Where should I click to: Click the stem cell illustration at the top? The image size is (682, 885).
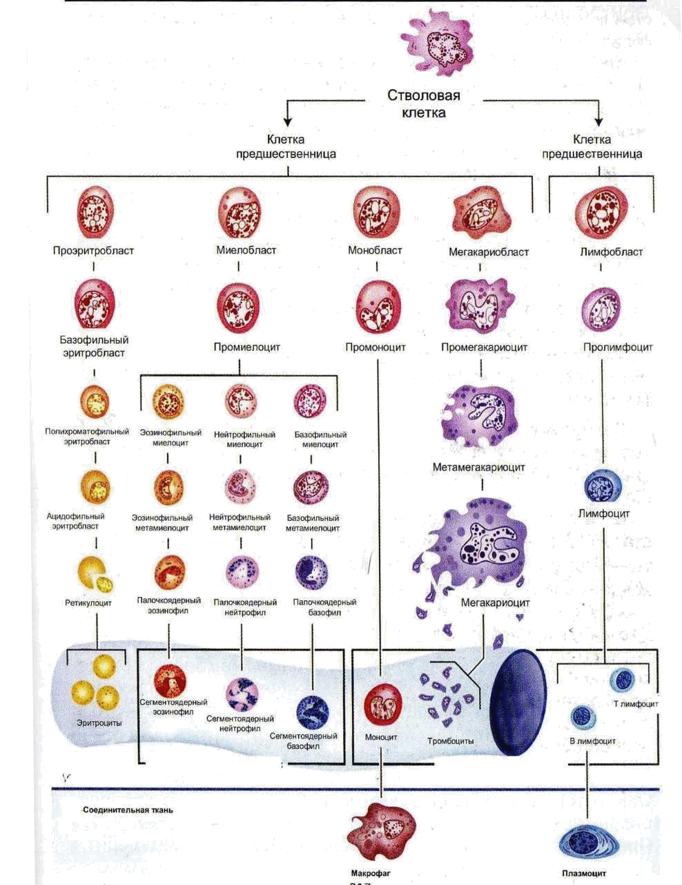point(442,46)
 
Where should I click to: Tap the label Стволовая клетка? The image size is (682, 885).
point(424,104)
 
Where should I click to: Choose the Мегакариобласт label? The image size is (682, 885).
point(489,252)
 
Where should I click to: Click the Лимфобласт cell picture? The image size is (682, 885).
point(601,211)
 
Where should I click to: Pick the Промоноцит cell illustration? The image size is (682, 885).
point(377,305)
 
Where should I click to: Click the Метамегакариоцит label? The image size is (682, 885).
point(479,468)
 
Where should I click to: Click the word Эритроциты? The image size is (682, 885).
point(99,723)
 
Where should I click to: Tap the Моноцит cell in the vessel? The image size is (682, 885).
point(382,705)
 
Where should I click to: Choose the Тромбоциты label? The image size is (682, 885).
point(451,741)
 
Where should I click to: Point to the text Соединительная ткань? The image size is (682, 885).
point(128,810)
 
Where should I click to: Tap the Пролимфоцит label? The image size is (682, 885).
point(616,348)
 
